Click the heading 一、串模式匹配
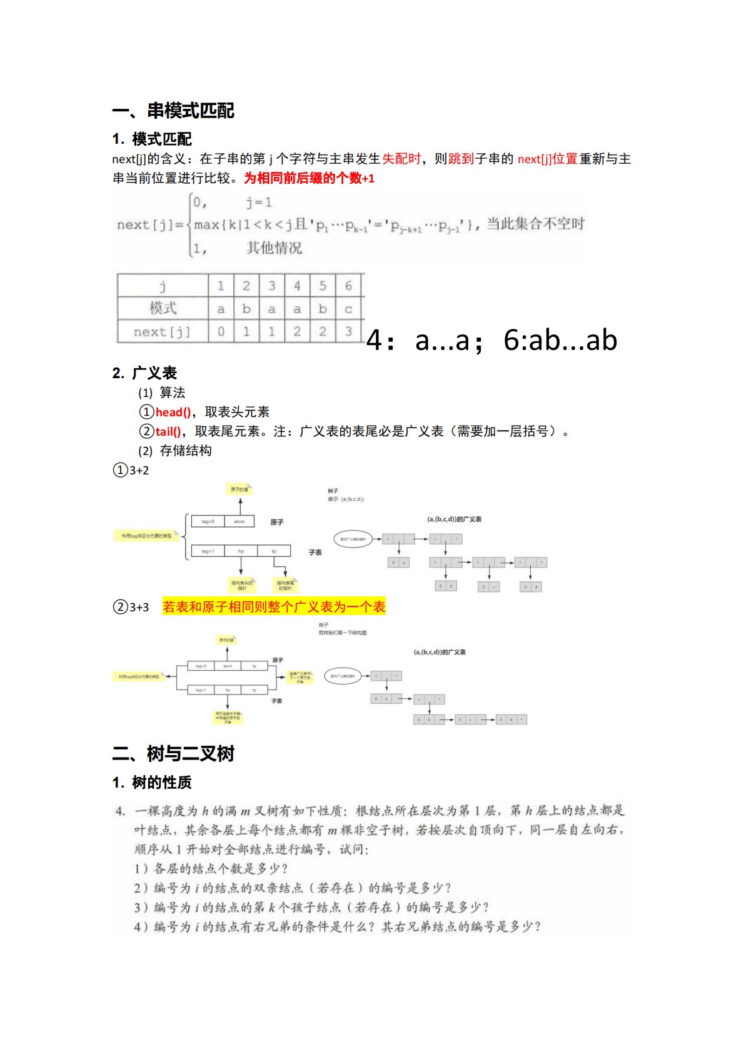(173, 111)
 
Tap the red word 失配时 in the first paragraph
(401, 159)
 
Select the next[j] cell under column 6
(348, 331)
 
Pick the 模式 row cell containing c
(348, 309)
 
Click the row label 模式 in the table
(163, 308)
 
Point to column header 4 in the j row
(297, 286)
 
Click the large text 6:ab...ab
(560, 340)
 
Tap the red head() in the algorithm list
(173, 412)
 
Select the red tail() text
(168, 431)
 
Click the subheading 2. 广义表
(145, 373)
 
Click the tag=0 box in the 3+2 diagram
(208, 521)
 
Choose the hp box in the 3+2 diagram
(241, 551)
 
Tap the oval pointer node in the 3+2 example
(353, 539)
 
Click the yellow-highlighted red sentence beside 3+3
(274, 606)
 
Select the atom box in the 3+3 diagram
(228, 666)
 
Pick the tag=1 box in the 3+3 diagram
(201, 690)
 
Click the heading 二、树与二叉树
(173, 754)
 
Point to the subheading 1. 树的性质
(152, 782)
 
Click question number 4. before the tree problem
(120, 811)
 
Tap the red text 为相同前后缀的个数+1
(309, 178)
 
